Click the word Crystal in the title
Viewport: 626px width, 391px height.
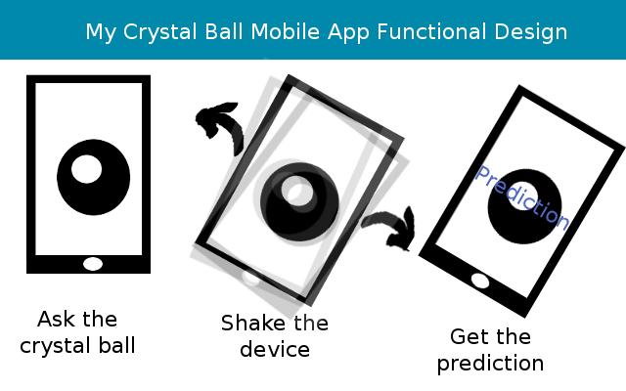point(158,31)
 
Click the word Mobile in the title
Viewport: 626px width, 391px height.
point(285,31)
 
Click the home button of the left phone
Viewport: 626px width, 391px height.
point(93,263)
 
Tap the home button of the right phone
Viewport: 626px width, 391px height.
point(480,282)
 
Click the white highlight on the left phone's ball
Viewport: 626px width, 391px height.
point(86,169)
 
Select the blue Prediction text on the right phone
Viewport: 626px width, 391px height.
point(520,196)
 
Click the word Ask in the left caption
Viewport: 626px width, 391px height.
point(57,320)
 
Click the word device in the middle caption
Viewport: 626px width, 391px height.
point(275,349)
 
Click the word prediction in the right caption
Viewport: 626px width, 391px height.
point(490,364)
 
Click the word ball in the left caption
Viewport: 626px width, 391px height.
point(115,345)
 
